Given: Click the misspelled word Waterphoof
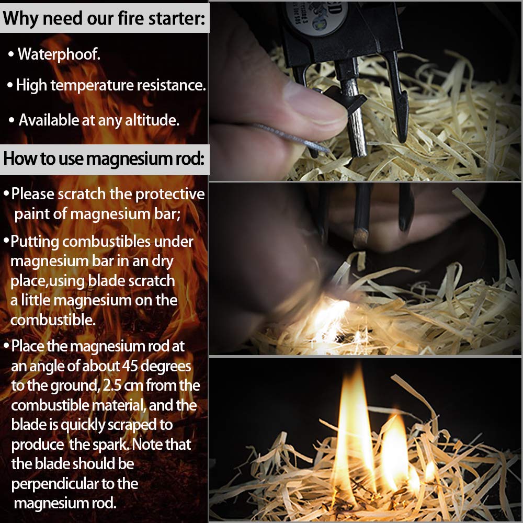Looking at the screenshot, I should [59, 54].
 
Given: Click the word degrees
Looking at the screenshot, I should [167, 366].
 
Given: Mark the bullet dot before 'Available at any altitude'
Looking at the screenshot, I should [12, 121].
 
